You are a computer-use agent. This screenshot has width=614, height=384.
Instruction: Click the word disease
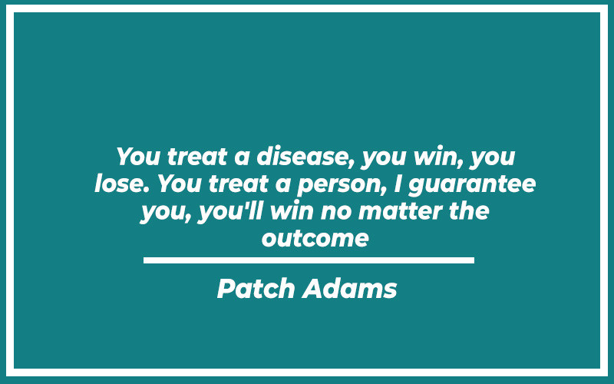pos(302,156)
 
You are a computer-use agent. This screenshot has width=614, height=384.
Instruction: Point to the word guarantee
pos(472,184)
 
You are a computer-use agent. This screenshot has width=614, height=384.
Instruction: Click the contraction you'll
pos(231,212)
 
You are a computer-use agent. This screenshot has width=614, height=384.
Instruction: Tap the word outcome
pos(315,238)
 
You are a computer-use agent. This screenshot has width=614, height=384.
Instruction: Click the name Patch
pos(256,289)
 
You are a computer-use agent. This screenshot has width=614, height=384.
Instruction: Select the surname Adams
pos(349,289)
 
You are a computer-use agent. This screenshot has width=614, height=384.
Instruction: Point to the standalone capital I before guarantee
pos(398,184)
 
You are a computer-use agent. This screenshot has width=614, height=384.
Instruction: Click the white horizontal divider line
pos(309,260)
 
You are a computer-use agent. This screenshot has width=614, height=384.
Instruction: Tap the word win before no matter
pos(292,210)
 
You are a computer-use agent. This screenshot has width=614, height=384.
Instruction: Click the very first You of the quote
pos(138,156)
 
